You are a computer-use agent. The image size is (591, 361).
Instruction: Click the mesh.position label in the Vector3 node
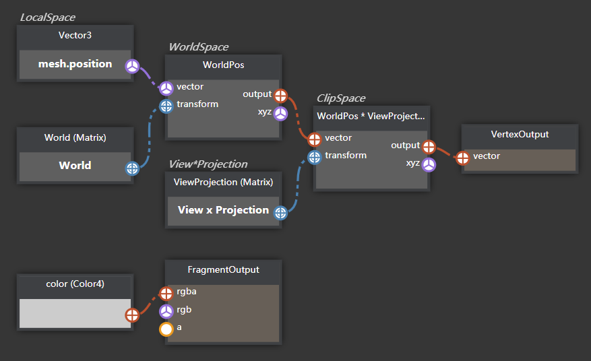click(x=75, y=64)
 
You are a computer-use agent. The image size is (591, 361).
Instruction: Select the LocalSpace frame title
click(x=47, y=17)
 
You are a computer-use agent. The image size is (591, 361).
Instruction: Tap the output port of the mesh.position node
click(x=133, y=65)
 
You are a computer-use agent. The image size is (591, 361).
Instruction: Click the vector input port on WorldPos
click(x=166, y=88)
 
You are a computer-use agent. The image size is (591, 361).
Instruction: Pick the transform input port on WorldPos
click(x=166, y=105)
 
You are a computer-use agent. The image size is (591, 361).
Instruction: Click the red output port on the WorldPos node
click(x=280, y=95)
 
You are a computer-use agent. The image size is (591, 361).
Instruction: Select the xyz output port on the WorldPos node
click(x=280, y=112)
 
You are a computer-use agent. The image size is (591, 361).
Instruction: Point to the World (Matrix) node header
click(x=75, y=137)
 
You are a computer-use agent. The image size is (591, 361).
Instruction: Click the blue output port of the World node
click(x=133, y=168)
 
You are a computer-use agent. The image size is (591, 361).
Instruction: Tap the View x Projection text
click(x=223, y=210)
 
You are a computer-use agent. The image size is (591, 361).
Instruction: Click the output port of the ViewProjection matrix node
click(x=280, y=213)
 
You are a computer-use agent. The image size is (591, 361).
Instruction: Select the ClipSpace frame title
click(x=341, y=98)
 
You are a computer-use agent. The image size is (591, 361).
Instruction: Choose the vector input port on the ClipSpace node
click(x=315, y=139)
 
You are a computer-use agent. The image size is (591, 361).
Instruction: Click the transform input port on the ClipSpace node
click(x=315, y=156)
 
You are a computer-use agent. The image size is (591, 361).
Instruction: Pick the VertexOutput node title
click(x=520, y=134)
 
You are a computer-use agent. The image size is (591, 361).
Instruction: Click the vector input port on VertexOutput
click(x=463, y=158)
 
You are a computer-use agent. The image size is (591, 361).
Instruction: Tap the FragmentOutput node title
click(x=223, y=269)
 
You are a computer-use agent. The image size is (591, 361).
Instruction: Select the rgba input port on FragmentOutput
click(x=166, y=293)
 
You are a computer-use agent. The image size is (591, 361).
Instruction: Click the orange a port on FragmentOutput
click(x=166, y=329)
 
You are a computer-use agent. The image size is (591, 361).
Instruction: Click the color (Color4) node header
click(x=75, y=284)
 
